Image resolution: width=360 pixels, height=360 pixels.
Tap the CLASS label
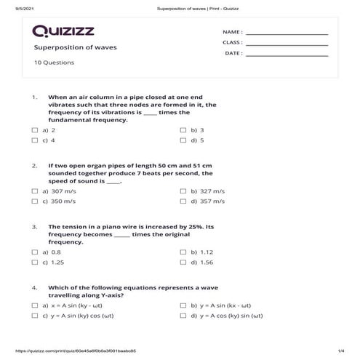(232, 43)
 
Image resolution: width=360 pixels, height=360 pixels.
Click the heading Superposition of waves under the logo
(75, 47)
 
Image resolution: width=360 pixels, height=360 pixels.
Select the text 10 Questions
(54, 63)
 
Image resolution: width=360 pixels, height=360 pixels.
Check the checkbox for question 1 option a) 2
(35, 130)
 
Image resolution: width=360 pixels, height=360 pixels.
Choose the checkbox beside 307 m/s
(35, 191)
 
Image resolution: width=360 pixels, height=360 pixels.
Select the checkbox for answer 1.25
(35, 262)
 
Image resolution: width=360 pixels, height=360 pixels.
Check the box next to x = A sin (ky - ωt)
(35, 306)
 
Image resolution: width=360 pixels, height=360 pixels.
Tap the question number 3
(34, 227)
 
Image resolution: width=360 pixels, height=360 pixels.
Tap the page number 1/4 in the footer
(340, 352)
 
